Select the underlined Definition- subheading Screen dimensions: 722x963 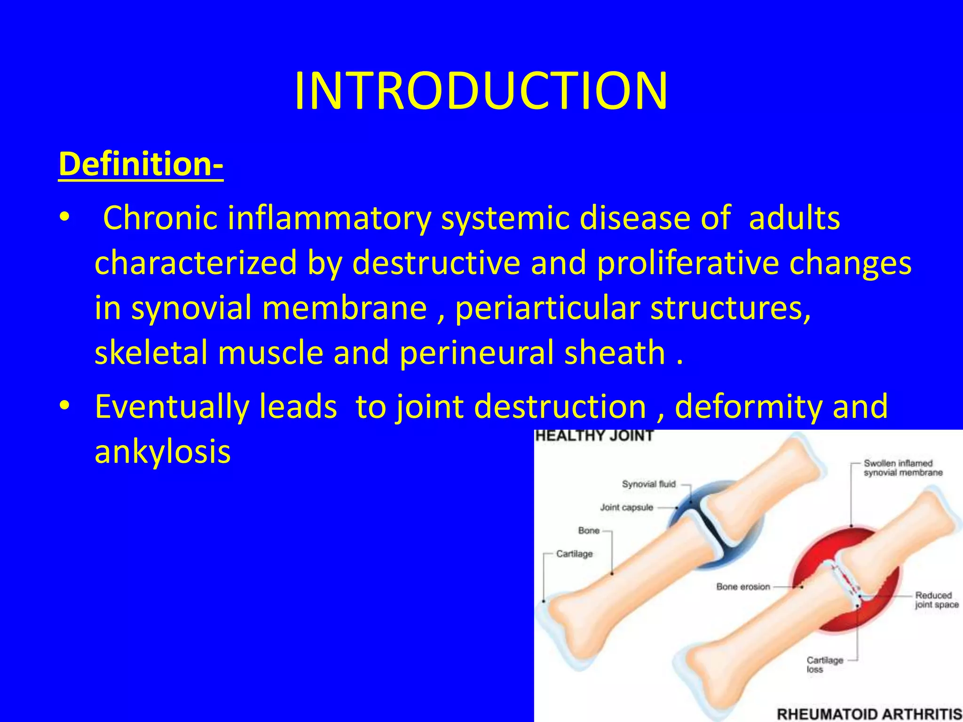click(141, 164)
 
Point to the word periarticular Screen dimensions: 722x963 click(547, 308)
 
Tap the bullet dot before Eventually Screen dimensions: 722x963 click(64, 405)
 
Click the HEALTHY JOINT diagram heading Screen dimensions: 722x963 click(594, 436)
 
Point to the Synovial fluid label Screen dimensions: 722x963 click(648, 484)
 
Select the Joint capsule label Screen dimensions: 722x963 click(626, 508)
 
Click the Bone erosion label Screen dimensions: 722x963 click(743, 587)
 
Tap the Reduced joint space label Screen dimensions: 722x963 click(936, 600)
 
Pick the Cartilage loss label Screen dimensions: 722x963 click(825, 665)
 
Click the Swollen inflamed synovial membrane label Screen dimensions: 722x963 click(903, 468)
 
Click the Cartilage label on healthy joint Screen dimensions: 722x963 click(574, 554)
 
